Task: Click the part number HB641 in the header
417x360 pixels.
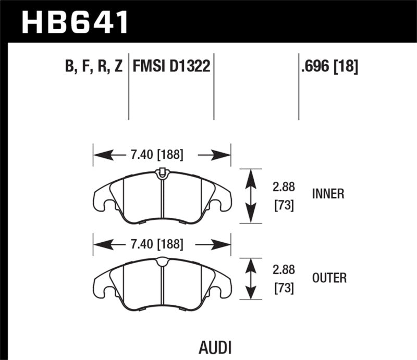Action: click(x=75, y=22)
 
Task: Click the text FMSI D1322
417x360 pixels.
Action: click(x=171, y=67)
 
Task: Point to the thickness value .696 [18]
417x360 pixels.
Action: click(x=329, y=67)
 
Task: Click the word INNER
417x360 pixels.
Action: click(x=328, y=194)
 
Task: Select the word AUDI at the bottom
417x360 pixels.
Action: click(x=215, y=347)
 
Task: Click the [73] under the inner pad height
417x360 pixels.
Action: click(x=284, y=206)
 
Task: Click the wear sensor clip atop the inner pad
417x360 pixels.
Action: click(x=162, y=172)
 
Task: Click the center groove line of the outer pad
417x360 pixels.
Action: click(x=162, y=287)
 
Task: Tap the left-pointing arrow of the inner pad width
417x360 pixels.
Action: click(x=107, y=155)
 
